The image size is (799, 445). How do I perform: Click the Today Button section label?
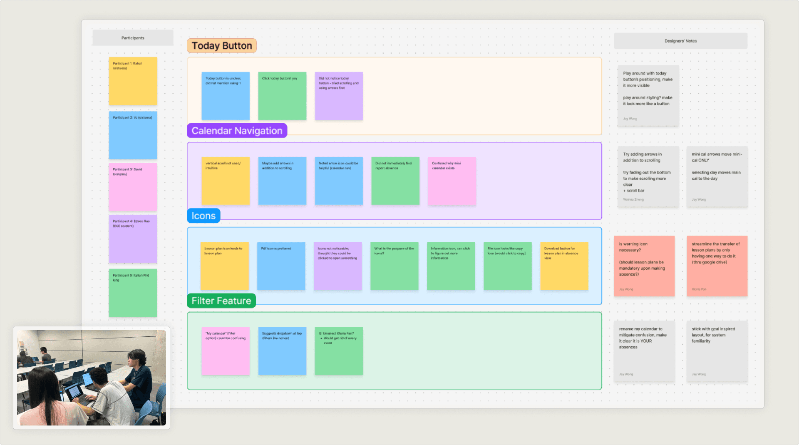pyautogui.click(x=222, y=46)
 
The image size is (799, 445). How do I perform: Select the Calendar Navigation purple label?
pyautogui.click(x=237, y=131)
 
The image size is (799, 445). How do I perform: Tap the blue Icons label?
pyautogui.click(x=203, y=216)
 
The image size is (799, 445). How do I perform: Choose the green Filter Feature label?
pyautogui.click(x=221, y=301)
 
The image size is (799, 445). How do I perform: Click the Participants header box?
pyautogui.click(x=133, y=38)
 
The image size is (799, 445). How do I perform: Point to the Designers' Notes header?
pyautogui.click(x=680, y=41)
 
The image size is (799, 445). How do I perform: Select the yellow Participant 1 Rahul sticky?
pyautogui.click(x=133, y=81)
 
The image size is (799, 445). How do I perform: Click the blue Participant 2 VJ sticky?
pyautogui.click(x=133, y=135)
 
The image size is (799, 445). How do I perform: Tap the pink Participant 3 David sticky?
pyautogui.click(x=133, y=187)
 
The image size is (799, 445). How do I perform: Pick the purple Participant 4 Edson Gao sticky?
pyautogui.click(x=133, y=239)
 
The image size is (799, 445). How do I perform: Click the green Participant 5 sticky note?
pyautogui.click(x=133, y=293)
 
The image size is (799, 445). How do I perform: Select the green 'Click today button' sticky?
pyautogui.click(x=282, y=96)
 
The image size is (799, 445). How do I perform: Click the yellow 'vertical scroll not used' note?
pyautogui.click(x=226, y=181)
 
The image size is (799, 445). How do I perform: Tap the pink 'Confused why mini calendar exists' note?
pyautogui.click(x=452, y=181)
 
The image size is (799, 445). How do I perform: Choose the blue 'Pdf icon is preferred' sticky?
pyautogui.click(x=281, y=266)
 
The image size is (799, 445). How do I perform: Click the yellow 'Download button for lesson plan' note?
pyautogui.click(x=564, y=266)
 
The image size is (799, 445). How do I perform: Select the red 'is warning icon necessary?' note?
pyautogui.click(x=644, y=266)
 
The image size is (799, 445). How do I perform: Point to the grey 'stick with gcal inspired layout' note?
pyautogui.click(x=717, y=351)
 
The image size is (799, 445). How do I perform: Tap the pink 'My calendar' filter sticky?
pyautogui.click(x=226, y=351)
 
